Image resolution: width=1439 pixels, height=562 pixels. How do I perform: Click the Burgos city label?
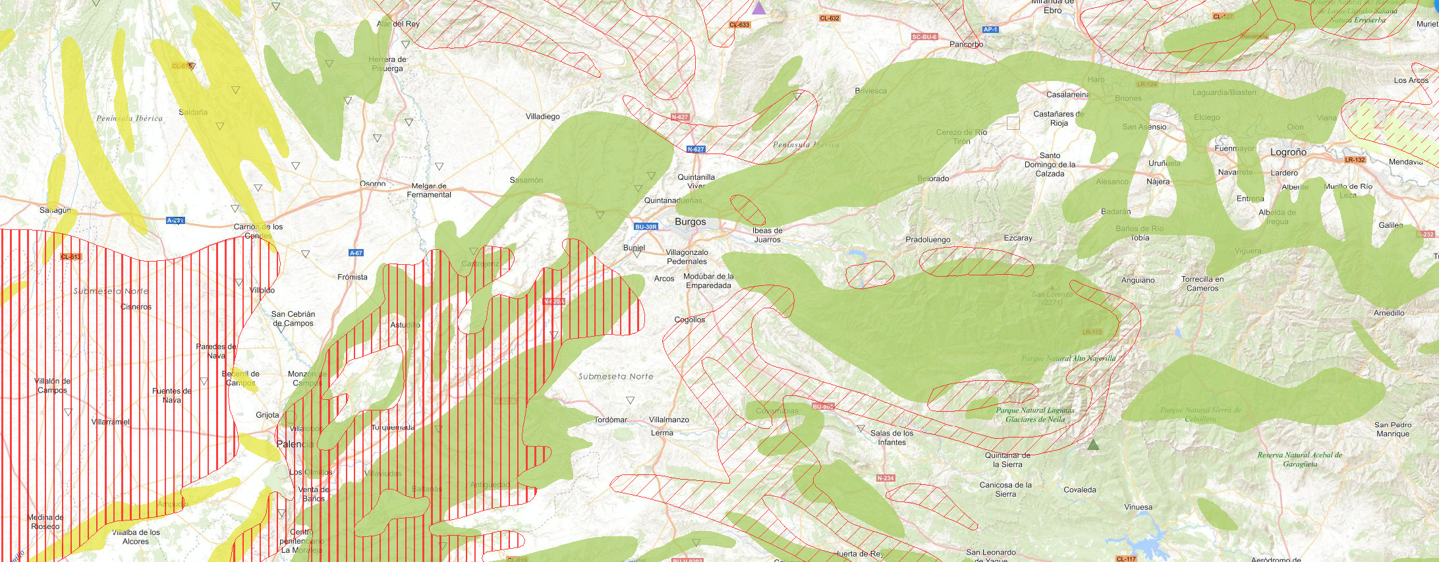[690, 222]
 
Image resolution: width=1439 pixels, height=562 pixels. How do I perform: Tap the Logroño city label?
[1287, 152]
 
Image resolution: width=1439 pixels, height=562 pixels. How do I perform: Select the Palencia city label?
[295, 444]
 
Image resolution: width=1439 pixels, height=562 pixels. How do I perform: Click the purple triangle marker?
[759, 9]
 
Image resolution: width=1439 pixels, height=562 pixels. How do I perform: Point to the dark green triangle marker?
[1093, 445]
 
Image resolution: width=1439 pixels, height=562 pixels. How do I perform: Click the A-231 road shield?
[175, 221]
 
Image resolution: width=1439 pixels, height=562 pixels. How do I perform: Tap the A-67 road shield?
[356, 253]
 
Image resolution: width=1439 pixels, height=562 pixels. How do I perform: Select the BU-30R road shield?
[646, 227]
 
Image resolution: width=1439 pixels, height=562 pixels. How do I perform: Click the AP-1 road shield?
[990, 30]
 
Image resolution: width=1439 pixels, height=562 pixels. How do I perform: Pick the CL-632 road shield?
[830, 18]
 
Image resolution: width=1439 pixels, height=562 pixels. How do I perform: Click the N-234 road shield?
[886, 478]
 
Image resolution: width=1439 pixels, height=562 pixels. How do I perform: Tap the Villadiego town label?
[542, 117]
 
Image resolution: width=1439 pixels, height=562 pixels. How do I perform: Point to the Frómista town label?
[352, 277]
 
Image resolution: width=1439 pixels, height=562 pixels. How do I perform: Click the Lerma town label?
[662, 433]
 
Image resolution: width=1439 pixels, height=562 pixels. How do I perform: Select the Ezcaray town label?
[1018, 239]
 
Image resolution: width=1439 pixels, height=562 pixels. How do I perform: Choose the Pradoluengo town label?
[928, 240]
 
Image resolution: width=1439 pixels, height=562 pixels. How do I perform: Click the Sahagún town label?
[55, 210]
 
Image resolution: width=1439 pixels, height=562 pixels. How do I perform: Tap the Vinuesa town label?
[1138, 507]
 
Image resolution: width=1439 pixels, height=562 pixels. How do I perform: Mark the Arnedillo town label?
[1388, 313]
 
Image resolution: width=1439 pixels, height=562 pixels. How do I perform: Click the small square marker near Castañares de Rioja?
[1013, 123]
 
